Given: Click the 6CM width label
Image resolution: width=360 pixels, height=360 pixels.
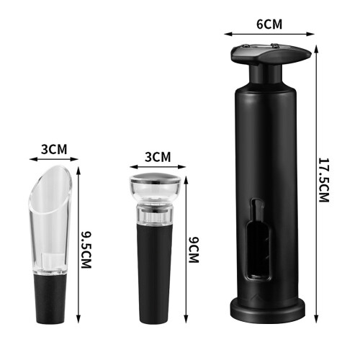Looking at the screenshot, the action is click(269, 24).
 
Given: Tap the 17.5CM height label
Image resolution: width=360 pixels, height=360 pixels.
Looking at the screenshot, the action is click(323, 180).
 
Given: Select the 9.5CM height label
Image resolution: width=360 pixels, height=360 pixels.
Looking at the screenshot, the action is click(86, 250).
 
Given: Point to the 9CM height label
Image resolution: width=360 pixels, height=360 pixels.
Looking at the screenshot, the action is click(194, 250).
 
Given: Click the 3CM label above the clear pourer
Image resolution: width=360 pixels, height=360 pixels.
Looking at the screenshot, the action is click(54, 149).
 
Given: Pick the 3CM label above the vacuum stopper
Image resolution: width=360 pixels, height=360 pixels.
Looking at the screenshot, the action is click(158, 157).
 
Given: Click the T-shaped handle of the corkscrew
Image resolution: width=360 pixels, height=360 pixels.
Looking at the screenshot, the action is click(271, 54).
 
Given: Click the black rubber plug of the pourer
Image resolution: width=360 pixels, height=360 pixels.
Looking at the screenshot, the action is click(50, 299).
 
